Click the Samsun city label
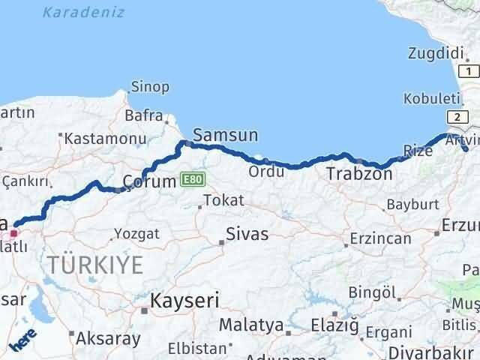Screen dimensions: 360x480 (x=225, y=135)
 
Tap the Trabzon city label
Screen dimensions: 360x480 (x=359, y=174)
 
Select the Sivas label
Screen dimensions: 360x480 (x=248, y=235)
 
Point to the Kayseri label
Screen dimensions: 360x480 (x=184, y=301)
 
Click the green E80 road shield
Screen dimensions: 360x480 (x=191, y=180)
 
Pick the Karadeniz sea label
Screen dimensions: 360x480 (x=84, y=13)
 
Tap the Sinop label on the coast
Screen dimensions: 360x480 (x=150, y=87)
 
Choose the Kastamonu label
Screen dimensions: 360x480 (x=104, y=139)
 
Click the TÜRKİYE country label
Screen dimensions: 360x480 (x=95, y=264)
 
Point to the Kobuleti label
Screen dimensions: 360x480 (x=430, y=98)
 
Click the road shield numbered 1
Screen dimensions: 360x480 (x=468, y=71)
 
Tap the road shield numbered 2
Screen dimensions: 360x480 (x=455, y=116)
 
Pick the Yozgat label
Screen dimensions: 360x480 (x=138, y=233)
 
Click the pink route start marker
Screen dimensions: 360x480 (x=13, y=233)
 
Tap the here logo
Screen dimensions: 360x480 (x=23, y=340)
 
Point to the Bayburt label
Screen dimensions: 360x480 (x=412, y=204)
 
